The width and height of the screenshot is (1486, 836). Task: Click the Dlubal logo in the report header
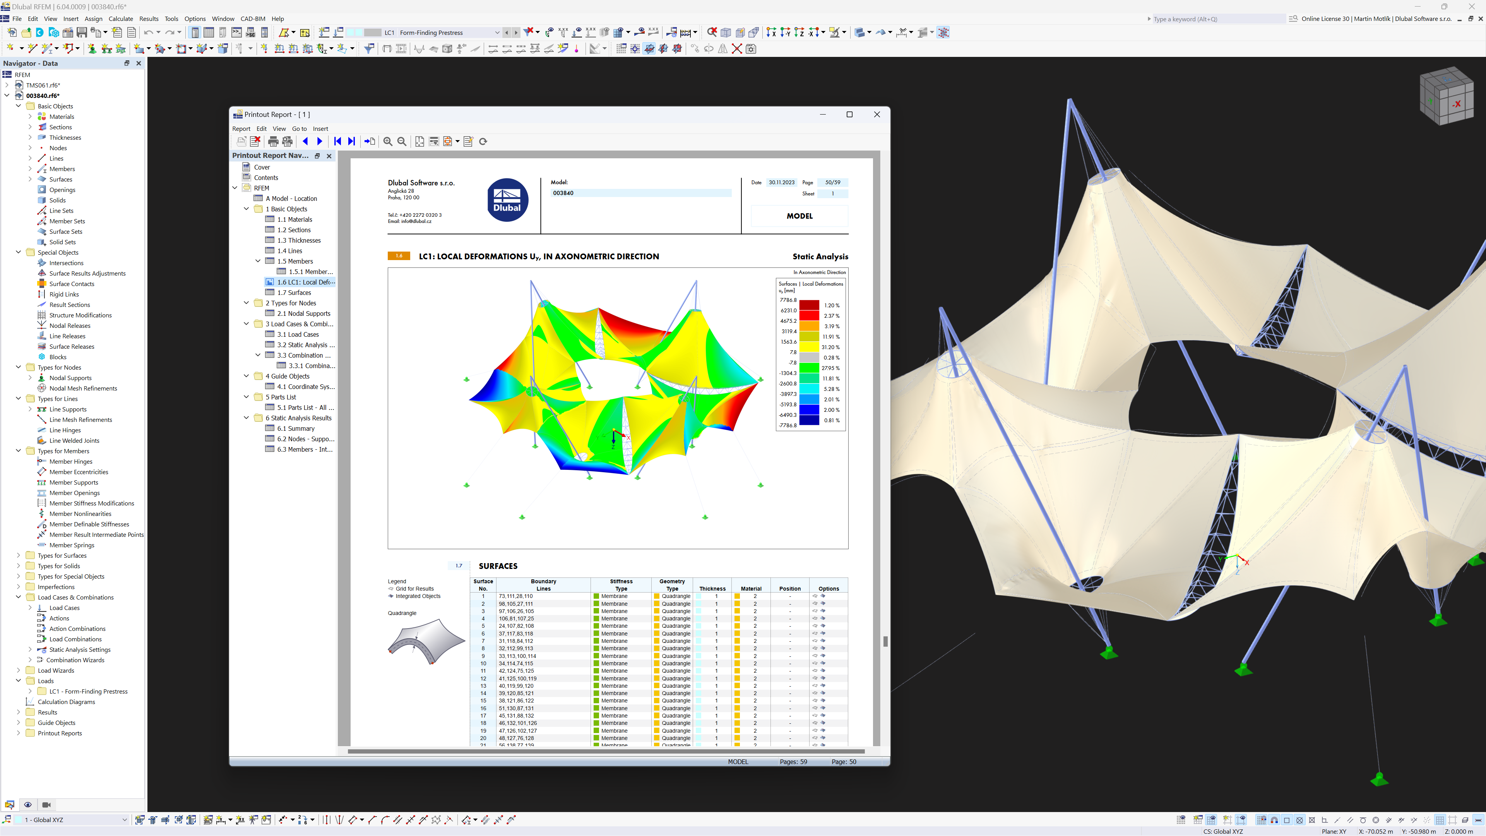pos(507,200)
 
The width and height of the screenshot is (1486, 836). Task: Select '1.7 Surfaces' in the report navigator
pos(294,293)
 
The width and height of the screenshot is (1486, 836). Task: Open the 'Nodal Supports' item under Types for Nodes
pos(70,378)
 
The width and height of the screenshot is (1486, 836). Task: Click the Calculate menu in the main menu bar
pos(121,19)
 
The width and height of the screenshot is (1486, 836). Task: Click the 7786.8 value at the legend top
pos(788,300)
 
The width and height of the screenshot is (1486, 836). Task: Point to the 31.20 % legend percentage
pos(831,347)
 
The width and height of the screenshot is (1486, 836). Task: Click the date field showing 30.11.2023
pos(781,182)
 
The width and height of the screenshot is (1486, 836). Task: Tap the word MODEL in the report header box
pos(799,216)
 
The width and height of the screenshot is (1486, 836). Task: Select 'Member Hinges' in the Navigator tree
pos(71,462)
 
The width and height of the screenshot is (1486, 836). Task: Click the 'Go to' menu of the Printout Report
pos(299,128)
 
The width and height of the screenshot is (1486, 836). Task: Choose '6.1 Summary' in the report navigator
pos(295,429)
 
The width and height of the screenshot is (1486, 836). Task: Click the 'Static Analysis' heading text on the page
pos(820,257)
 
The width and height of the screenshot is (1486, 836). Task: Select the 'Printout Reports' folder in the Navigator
pos(60,733)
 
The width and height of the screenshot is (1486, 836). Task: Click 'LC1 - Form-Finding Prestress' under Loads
pos(88,691)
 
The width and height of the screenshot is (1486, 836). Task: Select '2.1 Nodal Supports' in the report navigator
pos(303,313)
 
